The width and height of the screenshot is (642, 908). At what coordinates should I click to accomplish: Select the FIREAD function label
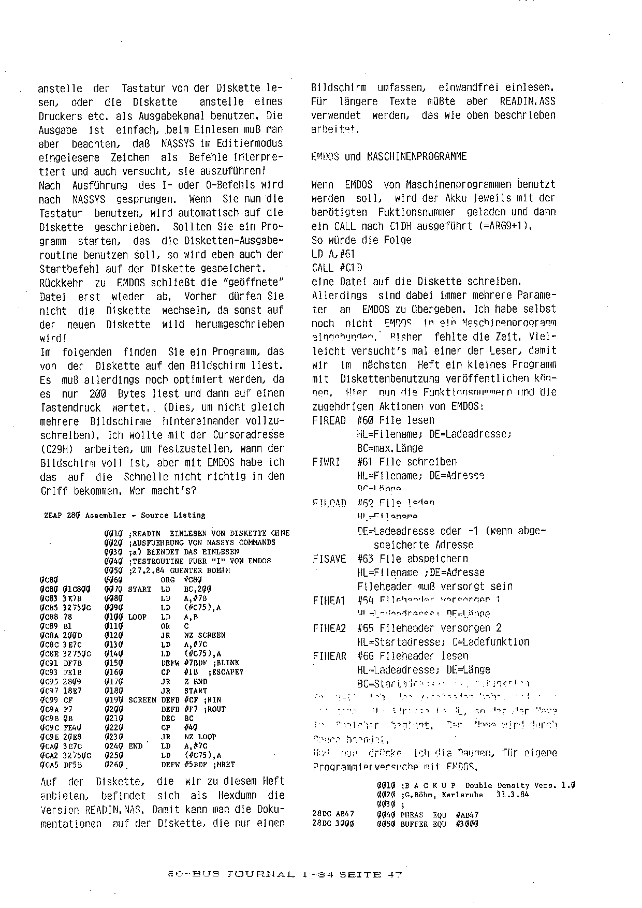click(x=329, y=420)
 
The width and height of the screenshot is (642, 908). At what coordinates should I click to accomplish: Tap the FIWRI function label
click(x=326, y=462)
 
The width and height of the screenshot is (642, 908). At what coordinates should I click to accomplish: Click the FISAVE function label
click(x=329, y=559)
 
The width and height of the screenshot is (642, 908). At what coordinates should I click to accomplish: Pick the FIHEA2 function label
click(x=329, y=628)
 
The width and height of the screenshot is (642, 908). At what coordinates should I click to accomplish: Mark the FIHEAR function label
click(x=329, y=656)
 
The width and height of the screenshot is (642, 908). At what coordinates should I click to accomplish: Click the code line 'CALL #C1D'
click(x=337, y=268)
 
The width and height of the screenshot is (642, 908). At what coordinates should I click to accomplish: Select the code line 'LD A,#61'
click(x=333, y=254)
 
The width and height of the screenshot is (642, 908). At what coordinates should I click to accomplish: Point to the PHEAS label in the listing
click(x=412, y=815)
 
